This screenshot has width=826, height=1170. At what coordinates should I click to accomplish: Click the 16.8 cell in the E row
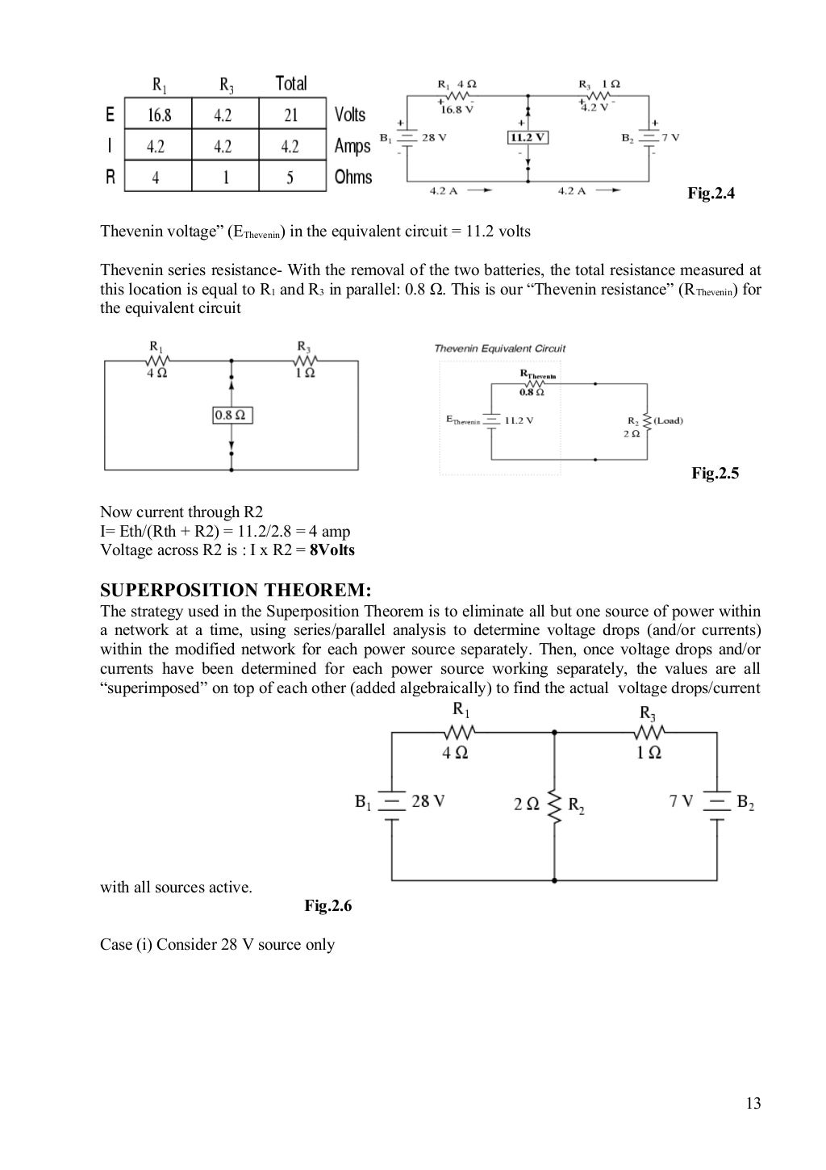pos(159,115)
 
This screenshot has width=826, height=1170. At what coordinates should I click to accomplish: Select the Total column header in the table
pos(291,83)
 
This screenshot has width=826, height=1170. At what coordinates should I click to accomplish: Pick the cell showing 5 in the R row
pos(290,178)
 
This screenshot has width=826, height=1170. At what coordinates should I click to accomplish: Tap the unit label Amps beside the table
pos(353,146)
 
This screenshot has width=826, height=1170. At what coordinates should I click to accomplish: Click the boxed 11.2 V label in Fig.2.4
pos(528,137)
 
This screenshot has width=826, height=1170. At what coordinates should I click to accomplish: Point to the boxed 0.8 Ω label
pos(232,415)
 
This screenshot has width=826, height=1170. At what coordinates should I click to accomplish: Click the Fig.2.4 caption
pos(711,194)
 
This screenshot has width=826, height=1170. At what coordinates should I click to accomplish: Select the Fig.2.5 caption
pos(715,474)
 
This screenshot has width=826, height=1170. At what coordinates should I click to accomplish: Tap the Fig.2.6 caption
pos(327,906)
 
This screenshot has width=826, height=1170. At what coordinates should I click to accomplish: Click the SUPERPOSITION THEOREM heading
pos(236,590)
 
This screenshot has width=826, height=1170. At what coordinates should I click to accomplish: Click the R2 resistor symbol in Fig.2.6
pos(554,804)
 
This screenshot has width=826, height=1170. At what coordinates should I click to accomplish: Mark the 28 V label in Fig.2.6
pos(428,801)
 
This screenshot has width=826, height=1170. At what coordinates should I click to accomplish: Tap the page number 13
pos(753,1104)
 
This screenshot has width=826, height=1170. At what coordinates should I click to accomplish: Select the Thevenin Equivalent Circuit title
pos(499,349)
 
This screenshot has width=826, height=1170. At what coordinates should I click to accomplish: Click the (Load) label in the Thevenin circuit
pos(667,420)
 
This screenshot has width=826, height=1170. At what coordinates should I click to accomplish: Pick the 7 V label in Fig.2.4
pos(670,137)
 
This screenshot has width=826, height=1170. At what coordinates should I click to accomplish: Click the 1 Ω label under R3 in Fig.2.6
pos(649,753)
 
